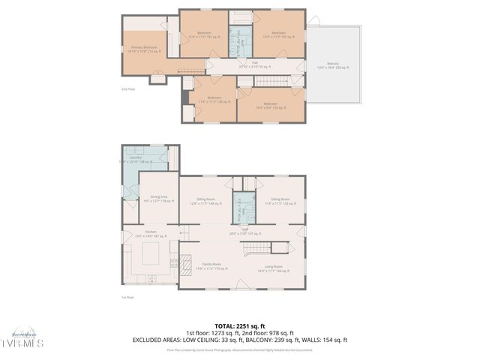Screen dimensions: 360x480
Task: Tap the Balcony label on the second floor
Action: tap(333, 66)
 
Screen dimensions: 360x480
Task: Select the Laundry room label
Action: tap(136, 159)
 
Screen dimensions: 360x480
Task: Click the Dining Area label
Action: tap(158, 199)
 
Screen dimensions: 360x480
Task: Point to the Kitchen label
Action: tap(150, 233)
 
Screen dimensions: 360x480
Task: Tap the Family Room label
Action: tap(208, 265)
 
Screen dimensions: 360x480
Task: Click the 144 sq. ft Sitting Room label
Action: tap(205, 200)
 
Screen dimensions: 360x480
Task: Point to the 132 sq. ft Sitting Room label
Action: tap(279, 200)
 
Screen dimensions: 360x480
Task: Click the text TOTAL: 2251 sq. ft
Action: tap(239, 326)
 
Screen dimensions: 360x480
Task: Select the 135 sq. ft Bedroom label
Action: tap(271, 105)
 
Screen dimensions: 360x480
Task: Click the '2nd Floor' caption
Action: tap(127, 89)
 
